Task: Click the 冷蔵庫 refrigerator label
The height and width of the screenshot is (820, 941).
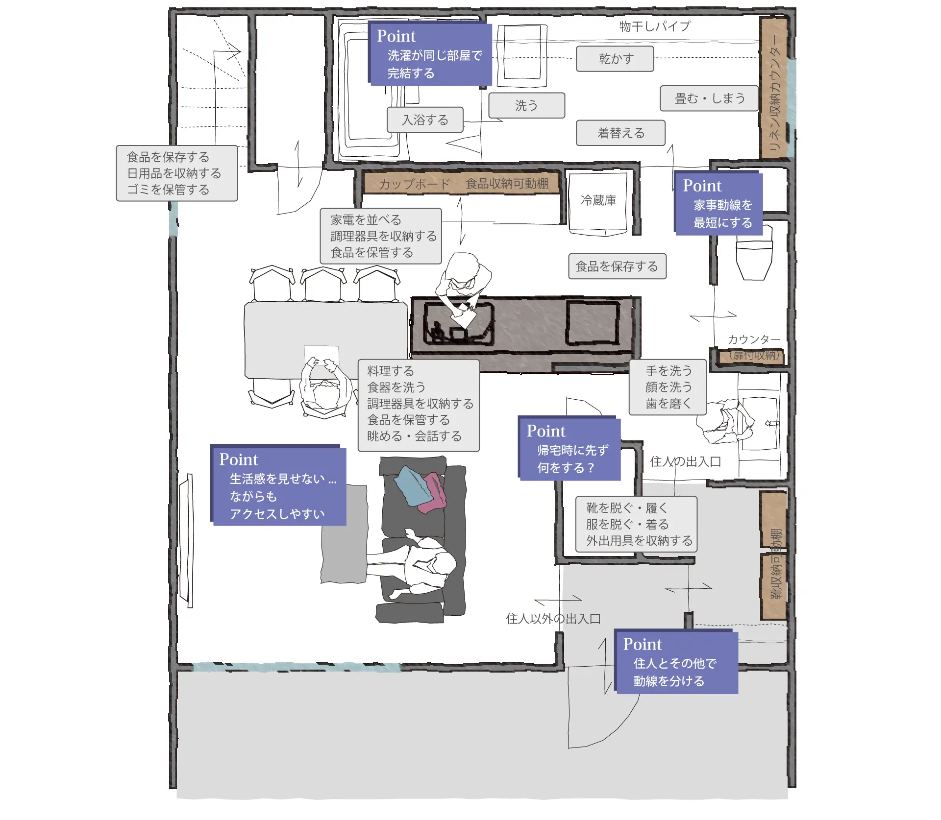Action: [598, 200]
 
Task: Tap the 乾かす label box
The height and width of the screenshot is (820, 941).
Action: [615, 59]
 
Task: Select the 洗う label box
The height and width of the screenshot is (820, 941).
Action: [527, 105]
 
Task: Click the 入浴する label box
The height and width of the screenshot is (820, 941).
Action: [425, 120]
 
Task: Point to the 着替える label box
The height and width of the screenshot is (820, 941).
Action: [620, 133]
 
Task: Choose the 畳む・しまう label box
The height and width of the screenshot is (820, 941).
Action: [709, 98]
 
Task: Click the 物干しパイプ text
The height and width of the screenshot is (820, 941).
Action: [655, 26]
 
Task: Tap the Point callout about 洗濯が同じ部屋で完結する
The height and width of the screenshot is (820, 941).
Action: [430, 54]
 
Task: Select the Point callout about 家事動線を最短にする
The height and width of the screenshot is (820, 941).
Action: [718, 203]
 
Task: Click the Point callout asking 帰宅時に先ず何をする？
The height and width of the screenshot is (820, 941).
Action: [570, 448]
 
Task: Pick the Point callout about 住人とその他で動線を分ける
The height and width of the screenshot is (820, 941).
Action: [676, 661]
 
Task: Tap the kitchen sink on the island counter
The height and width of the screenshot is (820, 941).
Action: [458, 324]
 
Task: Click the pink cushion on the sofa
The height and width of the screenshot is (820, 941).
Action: [434, 492]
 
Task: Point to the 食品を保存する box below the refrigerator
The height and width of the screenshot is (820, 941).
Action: [617, 266]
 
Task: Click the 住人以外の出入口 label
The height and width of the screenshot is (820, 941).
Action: [553, 619]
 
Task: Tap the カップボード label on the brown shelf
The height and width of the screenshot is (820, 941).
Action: [415, 184]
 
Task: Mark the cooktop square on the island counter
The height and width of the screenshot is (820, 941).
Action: [593, 323]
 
